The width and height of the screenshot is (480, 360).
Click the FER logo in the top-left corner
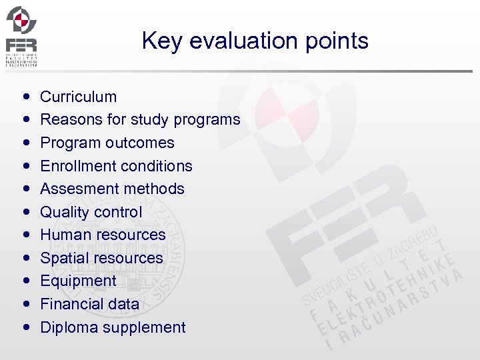tap(21, 36)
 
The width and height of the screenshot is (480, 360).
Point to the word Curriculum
tap(78, 97)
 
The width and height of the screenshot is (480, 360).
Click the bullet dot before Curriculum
tap(25, 97)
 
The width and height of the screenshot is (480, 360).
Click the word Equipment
tap(78, 281)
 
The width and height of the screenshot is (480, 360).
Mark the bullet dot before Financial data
tap(25, 305)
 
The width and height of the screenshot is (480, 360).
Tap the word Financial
tap(70, 304)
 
